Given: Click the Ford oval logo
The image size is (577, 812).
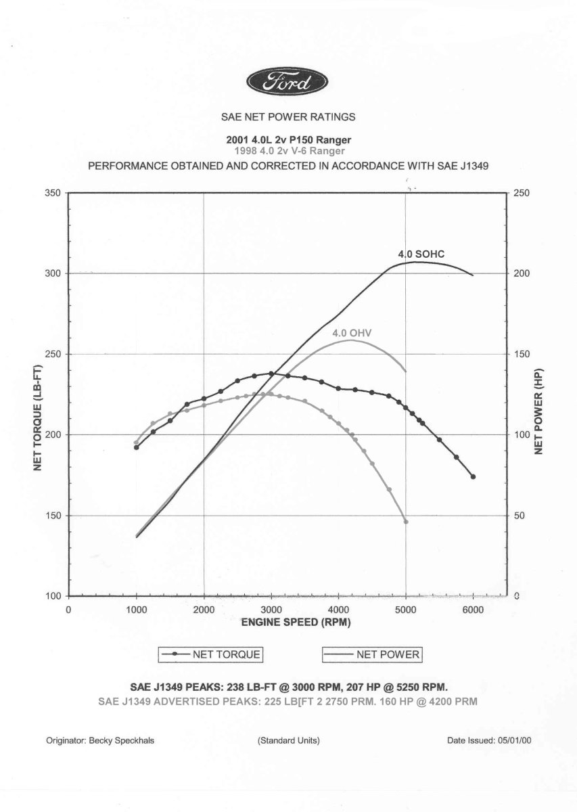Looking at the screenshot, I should (x=288, y=83).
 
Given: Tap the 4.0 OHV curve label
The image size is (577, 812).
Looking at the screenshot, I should (x=352, y=333).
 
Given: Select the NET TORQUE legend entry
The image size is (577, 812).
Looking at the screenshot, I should (x=211, y=654).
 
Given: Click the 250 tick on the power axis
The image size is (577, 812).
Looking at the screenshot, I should (x=522, y=193).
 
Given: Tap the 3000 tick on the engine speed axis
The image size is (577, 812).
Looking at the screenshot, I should (x=271, y=610).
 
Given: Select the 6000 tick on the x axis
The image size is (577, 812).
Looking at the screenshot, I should (x=473, y=610).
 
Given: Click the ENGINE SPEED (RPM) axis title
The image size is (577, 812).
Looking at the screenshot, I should (x=296, y=622).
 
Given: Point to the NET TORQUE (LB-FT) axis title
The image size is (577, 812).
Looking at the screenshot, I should (x=39, y=394).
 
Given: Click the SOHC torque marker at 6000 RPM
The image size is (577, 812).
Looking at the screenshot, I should (x=473, y=476).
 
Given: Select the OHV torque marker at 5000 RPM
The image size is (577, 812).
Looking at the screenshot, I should (x=406, y=522).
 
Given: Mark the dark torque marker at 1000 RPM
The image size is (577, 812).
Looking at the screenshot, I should (x=137, y=447).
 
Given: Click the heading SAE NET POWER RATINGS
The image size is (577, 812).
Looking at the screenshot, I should (x=288, y=116).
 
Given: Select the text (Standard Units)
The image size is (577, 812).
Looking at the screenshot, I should (x=289, y=741).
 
